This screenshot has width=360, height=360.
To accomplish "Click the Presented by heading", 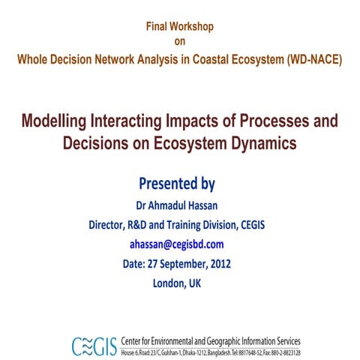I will [178, 184].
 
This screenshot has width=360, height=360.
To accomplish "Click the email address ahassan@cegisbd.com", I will [178, 244].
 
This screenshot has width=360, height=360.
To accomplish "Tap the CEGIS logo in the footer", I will [93, 345].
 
